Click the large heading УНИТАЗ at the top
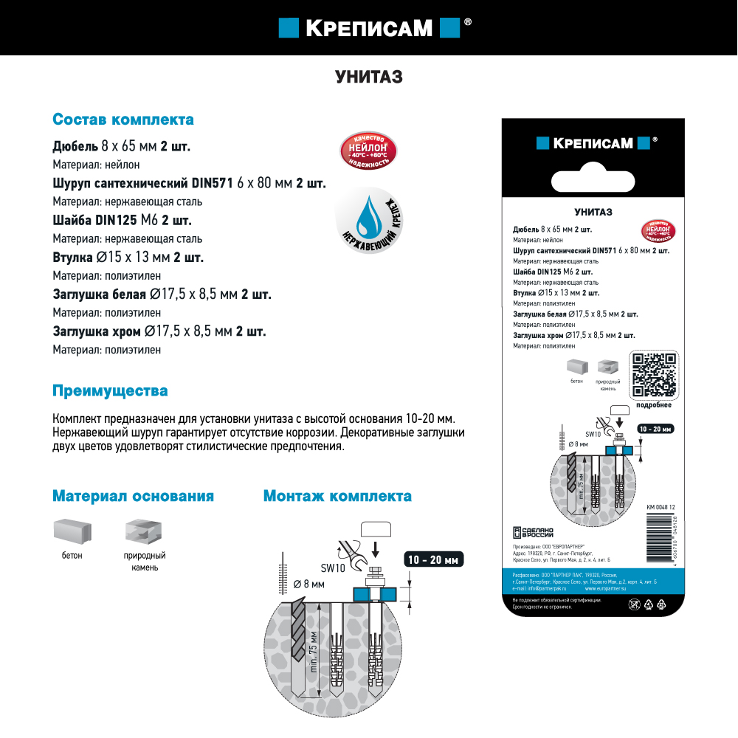pos(369,77)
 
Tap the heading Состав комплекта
pos(123,120)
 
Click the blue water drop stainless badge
pos(366,218)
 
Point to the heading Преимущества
pos(110,390)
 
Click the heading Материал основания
pos(133,496)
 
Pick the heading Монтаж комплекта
pos(337,496)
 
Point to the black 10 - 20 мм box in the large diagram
pos(435,560)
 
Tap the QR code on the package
pos(655,375)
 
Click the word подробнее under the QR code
pos(653,405)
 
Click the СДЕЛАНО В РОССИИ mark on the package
pos(533,533)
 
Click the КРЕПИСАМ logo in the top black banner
pos(369,28)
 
